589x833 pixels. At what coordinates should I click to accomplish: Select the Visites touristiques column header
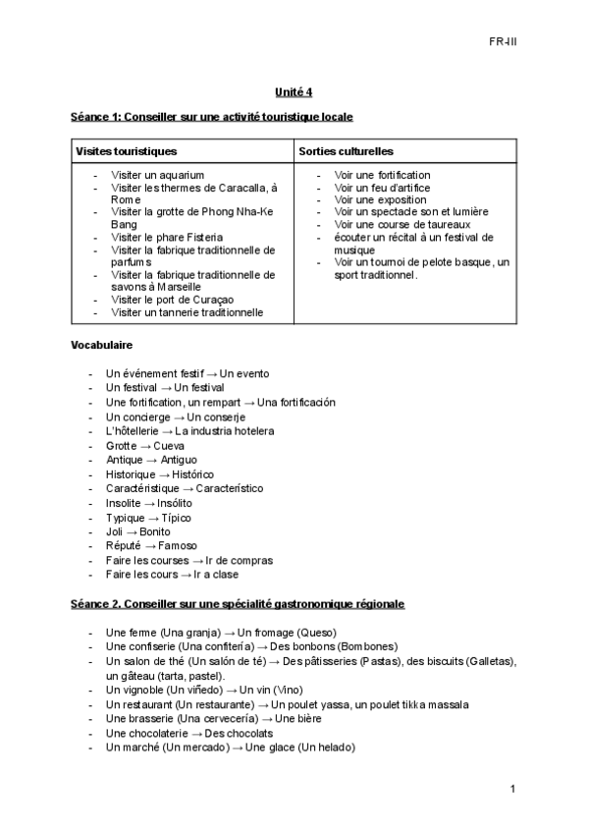click(x=127, y=151)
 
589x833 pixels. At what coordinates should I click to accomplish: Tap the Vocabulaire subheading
click(x=101, y=346)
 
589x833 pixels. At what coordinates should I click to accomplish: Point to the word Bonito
click(x=154, y=531)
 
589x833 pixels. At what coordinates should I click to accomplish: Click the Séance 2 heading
click(x=237, y=603)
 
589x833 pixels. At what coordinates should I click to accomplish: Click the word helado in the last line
click(x=334, y=747)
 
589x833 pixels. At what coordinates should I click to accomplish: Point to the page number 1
click(x=512, y=789)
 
